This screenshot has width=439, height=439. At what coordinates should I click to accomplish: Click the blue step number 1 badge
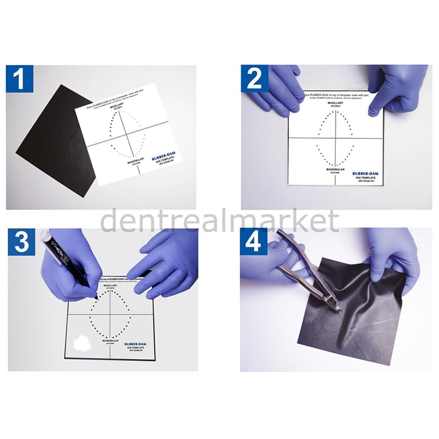tap(19, 79)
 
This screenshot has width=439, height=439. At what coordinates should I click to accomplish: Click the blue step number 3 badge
tap(21, 242)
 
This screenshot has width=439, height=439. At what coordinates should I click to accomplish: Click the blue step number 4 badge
tap(253, 242)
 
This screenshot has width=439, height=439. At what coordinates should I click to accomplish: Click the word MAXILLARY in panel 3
tap(110, 286)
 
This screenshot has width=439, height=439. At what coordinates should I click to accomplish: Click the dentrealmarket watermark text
tap(219, 221)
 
